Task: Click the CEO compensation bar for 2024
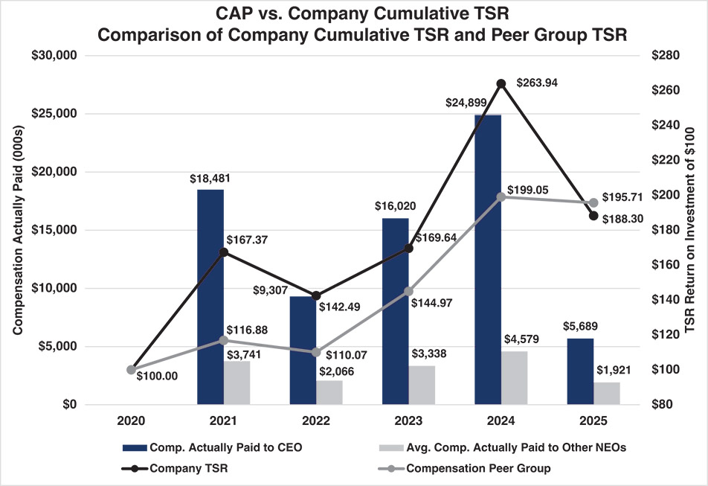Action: pyautogui.click(x=488, y=260)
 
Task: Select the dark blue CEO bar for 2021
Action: pyautogui.click(x=210, y=297)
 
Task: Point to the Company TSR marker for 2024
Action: pyautogui.click(x=501, y=83)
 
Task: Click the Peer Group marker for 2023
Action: pyautogui.click(x=408, y=292)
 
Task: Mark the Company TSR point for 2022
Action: pyautogui.click(x=316, y=296)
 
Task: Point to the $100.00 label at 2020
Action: pyautogui.click(x=157, y=376)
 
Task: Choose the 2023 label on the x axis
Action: pyautogui.click(x=408, y=422)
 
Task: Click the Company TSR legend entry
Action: pyautogui.click(x=178, y=468)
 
